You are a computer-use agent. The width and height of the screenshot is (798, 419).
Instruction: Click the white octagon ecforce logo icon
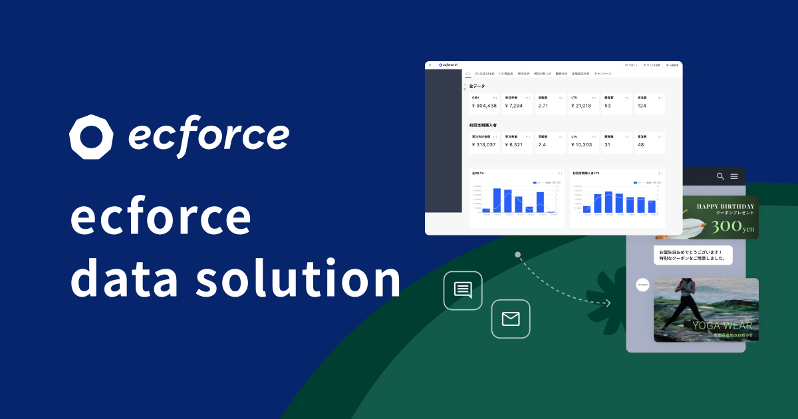[x=92, y=137]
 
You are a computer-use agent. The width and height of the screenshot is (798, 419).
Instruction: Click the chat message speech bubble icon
[x=462, y=290]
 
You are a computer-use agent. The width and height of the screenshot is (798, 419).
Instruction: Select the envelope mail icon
[x=510, y=319]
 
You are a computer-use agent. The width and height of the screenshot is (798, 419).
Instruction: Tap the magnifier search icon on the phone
[x=720, y=176]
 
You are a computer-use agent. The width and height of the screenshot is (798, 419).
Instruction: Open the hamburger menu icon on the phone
[x=734, y=176]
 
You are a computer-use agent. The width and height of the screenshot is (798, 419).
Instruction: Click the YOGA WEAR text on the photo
[x=722, y=326]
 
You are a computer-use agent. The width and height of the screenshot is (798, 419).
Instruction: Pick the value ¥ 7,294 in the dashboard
[x=514, y=106]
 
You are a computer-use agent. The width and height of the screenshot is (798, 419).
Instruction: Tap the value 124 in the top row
[x=642, y=106]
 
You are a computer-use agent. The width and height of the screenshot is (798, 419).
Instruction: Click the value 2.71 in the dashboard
[x=543, y=106]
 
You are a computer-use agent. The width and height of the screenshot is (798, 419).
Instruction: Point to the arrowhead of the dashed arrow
[x=608, y=303]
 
